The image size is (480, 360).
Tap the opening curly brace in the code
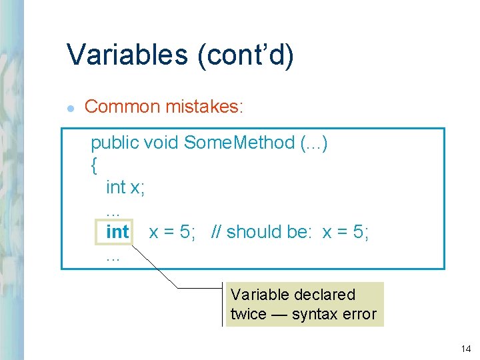tap(93, 165)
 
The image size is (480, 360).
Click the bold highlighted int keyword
tap(117, 232)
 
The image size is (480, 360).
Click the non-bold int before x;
tap(115, 187)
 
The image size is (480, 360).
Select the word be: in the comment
tap(299, 232)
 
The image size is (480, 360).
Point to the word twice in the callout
tap(248, 314)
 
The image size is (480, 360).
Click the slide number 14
tap(465, 349)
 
